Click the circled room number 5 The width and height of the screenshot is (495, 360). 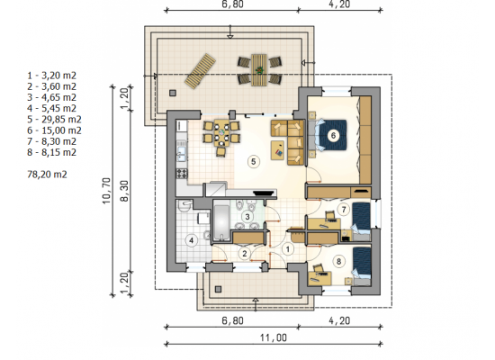[253, 161]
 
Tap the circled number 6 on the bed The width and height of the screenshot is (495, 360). [333, 136]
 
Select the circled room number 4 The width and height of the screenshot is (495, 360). [191, 240]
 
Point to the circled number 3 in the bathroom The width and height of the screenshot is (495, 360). [247, 217]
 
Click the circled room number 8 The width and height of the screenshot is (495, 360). [338, 261]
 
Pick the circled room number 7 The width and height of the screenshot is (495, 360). [344, 209]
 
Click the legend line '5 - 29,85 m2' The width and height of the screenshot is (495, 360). [54, 120]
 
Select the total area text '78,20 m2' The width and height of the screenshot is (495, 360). [47, 175]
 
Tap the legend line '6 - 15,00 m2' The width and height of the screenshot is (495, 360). [54, 130]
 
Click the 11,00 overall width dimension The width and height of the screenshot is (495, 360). [274, 337]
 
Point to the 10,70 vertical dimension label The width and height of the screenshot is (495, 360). [107, 191]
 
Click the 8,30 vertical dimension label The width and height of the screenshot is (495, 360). [125, 191]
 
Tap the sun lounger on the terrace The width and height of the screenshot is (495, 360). [200, 71]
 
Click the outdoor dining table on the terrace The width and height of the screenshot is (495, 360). [259, 70]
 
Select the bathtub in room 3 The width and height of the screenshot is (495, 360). [221, 222]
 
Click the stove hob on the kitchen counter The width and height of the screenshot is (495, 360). [182, 173]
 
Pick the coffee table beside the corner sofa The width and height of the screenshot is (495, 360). [277, 150]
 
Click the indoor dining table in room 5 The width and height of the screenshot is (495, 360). [222, 132]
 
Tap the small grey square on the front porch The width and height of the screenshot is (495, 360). [218, 289]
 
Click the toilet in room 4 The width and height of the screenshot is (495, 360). [184, 205]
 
